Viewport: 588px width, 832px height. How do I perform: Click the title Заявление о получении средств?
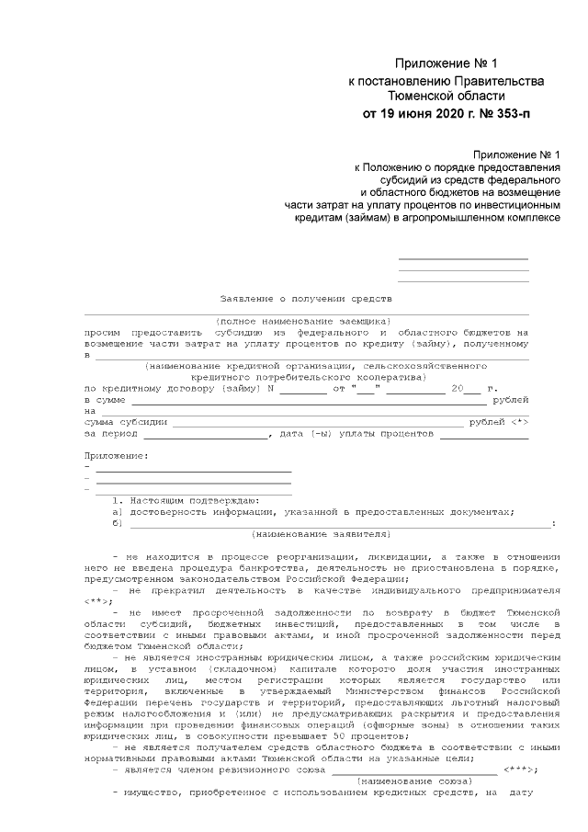[x=306, y=299]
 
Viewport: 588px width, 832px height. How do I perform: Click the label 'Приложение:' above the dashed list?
[x=115, y=455]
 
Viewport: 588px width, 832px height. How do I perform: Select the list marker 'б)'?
[x=117, y=522]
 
